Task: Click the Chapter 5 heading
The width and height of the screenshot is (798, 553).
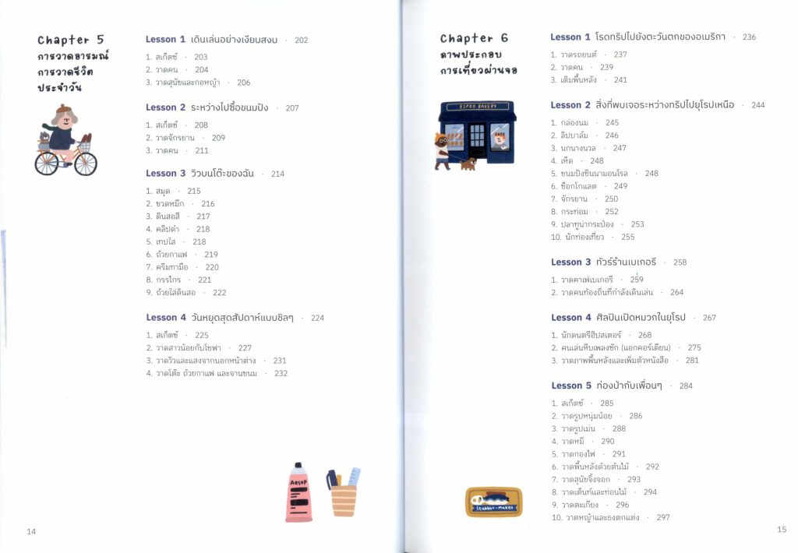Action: coord(70,40)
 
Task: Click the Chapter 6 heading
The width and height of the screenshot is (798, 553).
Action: coord(474,38)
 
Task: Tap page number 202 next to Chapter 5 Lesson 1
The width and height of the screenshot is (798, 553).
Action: coord(301,41)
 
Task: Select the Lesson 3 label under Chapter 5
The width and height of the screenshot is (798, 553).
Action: coord(165,174)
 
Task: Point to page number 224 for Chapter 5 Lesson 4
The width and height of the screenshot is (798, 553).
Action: coord(317,318)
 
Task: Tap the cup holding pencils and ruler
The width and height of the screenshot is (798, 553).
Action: coord(343,498)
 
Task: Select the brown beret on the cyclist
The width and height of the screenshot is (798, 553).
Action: coord(64,109)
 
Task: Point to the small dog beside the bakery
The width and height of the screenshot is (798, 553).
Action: coord(468,164)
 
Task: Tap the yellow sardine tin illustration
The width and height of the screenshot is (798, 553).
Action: coord(493,502)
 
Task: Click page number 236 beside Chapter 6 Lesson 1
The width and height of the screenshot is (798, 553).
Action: coord(749,37)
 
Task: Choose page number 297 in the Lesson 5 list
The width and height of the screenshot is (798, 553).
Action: coord(662,517)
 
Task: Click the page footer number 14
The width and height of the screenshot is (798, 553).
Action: coord(31,531)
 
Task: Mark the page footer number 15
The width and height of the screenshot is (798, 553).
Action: coord(782,530)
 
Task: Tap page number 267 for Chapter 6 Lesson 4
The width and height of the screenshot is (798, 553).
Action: coord(709,318)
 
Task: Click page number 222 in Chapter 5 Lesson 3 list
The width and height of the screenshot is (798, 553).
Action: coord(219,293)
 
